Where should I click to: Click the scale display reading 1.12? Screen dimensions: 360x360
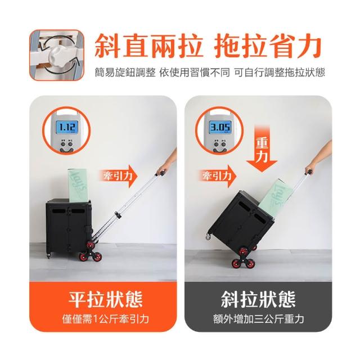67,127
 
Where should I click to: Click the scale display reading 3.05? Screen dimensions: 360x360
220,127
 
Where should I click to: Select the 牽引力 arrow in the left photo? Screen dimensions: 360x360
118,176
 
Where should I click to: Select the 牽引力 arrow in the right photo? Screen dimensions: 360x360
217,176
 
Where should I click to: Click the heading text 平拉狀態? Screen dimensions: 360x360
105,299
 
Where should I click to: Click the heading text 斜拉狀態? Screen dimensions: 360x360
258,299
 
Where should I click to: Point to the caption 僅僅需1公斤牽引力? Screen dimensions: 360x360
105,319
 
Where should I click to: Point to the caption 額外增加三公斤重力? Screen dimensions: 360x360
258,319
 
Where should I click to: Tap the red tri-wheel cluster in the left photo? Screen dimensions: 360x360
91,253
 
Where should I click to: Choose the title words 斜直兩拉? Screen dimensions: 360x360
148,46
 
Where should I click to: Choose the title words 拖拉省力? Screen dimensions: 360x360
268,46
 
